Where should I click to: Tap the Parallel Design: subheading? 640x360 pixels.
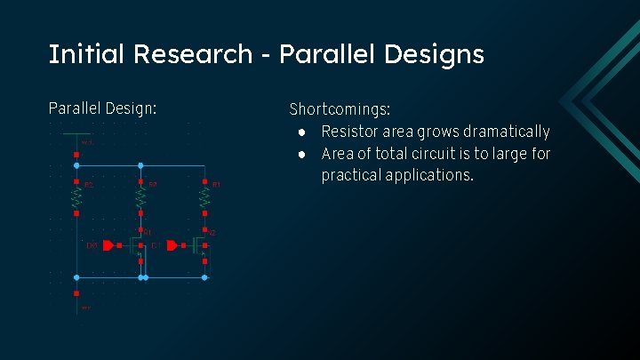click(x=102, y=108)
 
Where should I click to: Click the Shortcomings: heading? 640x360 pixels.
click(x=340, y=110)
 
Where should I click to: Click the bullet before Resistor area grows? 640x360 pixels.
click(x=302, y=132)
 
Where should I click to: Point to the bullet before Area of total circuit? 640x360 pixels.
click(x=302, y=155)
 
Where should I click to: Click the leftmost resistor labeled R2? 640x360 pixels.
click(x=76, y=197)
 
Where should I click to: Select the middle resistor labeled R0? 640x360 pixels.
click(x=140, y=197)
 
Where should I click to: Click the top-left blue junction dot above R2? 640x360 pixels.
click(x=76, y=165)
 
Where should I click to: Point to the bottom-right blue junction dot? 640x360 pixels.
click(x=204, y=277)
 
